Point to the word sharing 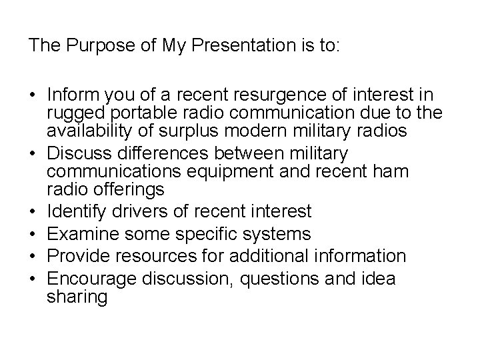tap(77, 297)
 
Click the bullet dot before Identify tap(33, 213)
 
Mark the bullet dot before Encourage tap(33, 278)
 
